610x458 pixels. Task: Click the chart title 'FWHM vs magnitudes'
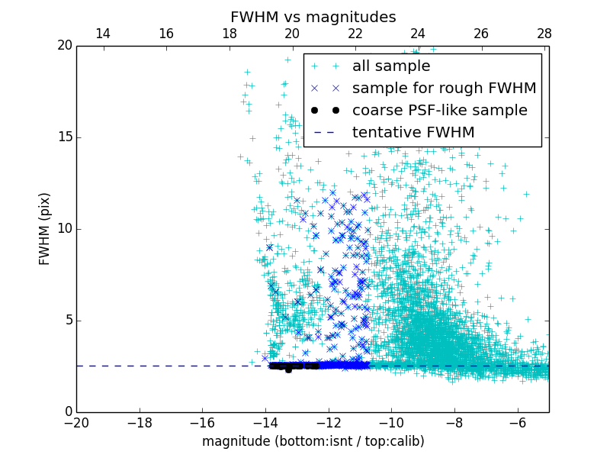click(x=313, y=17)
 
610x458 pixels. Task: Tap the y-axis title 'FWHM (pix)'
click(x=45, y=229)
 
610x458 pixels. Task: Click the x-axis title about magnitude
click(x=313, y=441)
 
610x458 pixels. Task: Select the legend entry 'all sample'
click(x=390, y=66)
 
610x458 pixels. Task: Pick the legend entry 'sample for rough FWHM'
click(x=444, y=89)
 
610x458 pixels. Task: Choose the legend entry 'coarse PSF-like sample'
click(x=439, y=111)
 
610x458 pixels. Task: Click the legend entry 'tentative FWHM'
click(x=413, y=133)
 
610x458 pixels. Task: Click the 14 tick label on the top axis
click(x=103, y=34)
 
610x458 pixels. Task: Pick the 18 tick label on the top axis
click(x=229, y=34)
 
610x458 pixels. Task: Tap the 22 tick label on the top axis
click(x=355, y=34)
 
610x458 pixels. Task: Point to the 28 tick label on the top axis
click(x=544, y=34)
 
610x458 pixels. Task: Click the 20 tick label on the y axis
click(x=64, y=46)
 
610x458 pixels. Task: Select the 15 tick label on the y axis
click(x=64, y=137)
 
